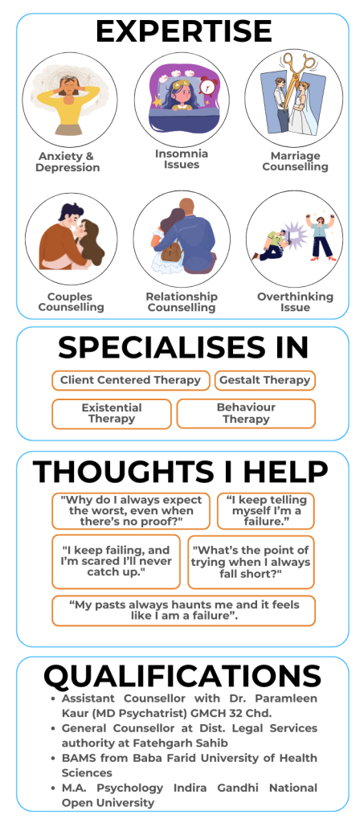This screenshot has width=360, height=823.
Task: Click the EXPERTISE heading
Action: [184, 31]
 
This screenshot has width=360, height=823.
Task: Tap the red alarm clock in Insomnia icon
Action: [210, 86]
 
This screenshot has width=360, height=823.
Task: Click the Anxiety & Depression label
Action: [67, 162]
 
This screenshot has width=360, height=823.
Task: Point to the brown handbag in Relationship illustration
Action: [171, 251]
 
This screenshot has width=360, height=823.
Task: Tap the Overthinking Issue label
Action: [295, 302]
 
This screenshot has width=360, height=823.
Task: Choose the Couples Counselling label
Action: [71, 302]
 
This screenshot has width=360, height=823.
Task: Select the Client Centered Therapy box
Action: [131, 380]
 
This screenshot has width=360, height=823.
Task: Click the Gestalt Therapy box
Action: [265, 380]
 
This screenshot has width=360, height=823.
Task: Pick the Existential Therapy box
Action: [112, 414]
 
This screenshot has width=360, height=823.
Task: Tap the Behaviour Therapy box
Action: [246, 414]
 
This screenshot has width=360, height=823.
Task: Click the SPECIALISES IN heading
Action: [183, 347]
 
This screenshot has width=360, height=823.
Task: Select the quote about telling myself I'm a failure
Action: [266, 510]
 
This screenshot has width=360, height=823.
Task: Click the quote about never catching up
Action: [116, 562]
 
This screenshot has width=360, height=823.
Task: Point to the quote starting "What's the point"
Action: [251, 562]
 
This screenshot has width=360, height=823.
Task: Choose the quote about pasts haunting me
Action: [184, 611]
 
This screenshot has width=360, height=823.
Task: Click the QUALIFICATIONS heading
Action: [182, 676]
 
